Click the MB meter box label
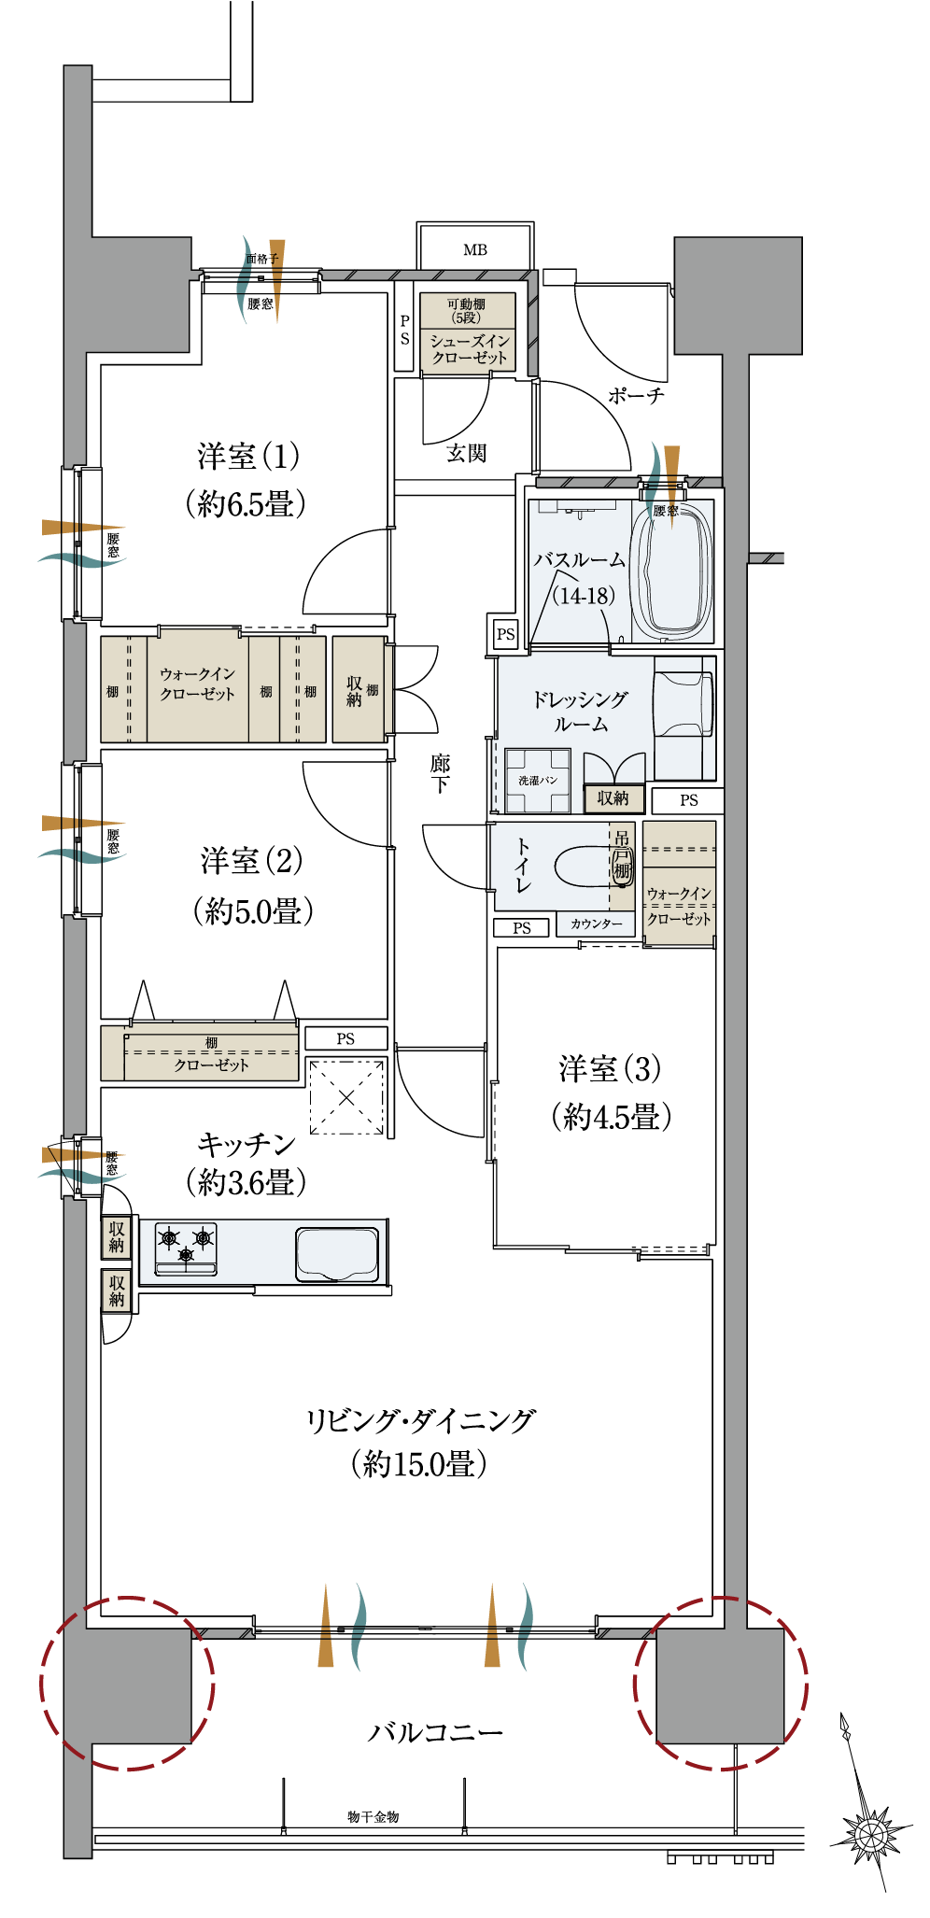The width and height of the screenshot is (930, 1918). pyautogui.click(x=475, y=249)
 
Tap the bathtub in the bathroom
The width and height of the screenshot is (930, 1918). pyautogui.click(x=670, y=571)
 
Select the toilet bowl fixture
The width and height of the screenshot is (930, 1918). pyautogui.click(x=584, y=866)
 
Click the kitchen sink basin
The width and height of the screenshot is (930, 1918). pyautogui.click(x=337, y=1253)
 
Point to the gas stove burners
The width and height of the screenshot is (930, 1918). pyautogui.click(x=186, y=1248)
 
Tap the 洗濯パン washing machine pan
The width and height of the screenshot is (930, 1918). pyautogui.click(x=538, y=781)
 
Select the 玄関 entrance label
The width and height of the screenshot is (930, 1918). pyautogui.click(x=466, y=453)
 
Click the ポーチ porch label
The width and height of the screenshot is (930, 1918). pyautogui.click(x=636, y=396)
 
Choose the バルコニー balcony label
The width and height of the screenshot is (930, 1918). pyautogui.click(x=435, y=1733)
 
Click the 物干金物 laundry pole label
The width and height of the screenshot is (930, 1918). pyautogui.click(x=373, y=1816)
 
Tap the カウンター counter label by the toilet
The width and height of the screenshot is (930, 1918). pyautogui.click(x=597, y=924)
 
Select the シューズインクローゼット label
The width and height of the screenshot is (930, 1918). pyautogui.click(x=469, y=349)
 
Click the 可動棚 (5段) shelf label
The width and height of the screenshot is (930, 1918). pyautogui.click(x=466, y=311)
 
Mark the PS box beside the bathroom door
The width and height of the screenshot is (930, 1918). pyautogui.click(x=506, y=634)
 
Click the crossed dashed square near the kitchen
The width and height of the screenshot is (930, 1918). pyautogui.click(x=346, y=1097)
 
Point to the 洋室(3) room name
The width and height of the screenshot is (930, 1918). pyautogui.click(x=610, y=1069)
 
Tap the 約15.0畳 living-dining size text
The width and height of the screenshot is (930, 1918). pyautogui.click(x=419, y=1463)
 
